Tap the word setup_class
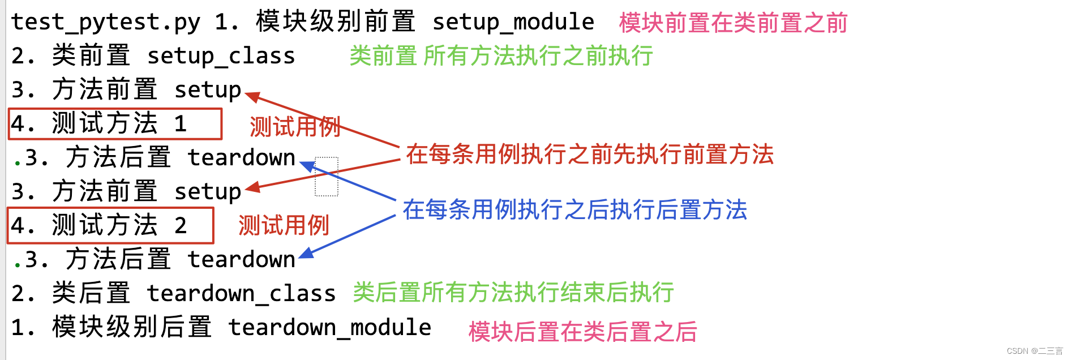[221, 56]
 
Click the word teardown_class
[241, 294]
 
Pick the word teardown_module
[329, 328]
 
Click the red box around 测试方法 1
[115, 124]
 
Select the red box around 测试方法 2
[110, 225]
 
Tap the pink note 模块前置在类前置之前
[733, 23]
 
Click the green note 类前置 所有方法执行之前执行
[501, 56]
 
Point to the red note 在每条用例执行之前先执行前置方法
[589, 154]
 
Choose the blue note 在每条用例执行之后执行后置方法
[574, 209]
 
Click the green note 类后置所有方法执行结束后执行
[513, 293]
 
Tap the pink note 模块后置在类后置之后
[582, 332]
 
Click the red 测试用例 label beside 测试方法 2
[284, 225]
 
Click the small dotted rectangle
[327, 177]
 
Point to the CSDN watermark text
[1034, 351]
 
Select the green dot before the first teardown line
[18, 164]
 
